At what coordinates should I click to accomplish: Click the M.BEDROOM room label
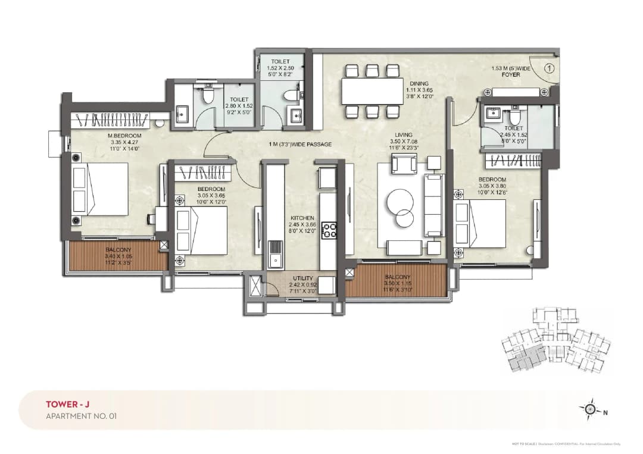pos(124,135)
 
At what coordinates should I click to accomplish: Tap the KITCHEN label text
pos(302,218)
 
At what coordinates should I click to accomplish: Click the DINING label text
pos(419,83)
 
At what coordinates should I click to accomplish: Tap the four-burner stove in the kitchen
pos(329,230)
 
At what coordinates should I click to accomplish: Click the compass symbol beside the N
pos(590,409)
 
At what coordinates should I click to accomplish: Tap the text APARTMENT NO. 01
pos(81,416)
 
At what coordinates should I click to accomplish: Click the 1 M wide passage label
pos(299,145)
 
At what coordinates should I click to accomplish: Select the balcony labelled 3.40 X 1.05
pos(117,254)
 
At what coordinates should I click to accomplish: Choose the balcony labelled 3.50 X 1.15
pos(397,280)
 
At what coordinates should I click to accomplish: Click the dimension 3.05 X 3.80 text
pos(492,186)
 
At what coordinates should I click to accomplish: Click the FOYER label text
pos(511,75)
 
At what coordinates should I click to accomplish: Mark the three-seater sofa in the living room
pos(433,205)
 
